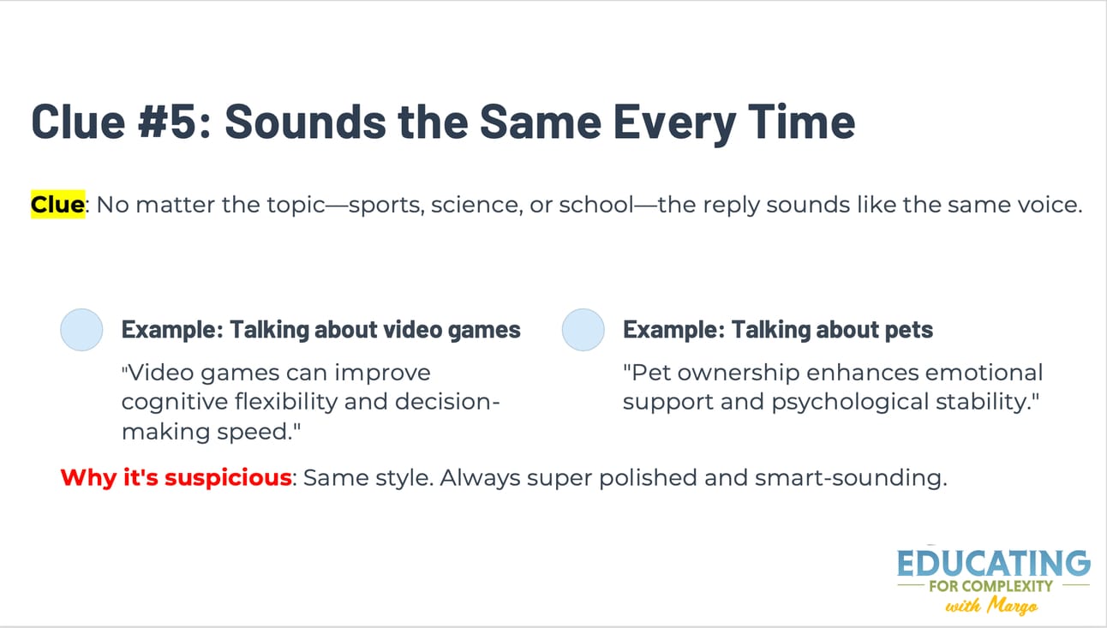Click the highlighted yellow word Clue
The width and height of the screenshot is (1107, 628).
[57, 204]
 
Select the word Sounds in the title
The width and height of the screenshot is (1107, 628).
[305, 122]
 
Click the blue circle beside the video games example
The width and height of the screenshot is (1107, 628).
[81, 330]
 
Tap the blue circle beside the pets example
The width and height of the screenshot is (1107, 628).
[583, 330]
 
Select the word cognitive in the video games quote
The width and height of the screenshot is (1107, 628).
[175, 402]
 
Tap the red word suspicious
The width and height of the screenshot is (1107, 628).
[228, 478]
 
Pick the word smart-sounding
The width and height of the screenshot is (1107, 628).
[851, 478]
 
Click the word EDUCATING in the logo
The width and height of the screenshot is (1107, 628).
[993, 563]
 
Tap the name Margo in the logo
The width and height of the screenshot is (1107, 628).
[1013, 606]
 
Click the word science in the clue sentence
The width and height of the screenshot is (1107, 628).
[476, 205]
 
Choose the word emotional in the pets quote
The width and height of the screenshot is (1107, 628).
[984, 373]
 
